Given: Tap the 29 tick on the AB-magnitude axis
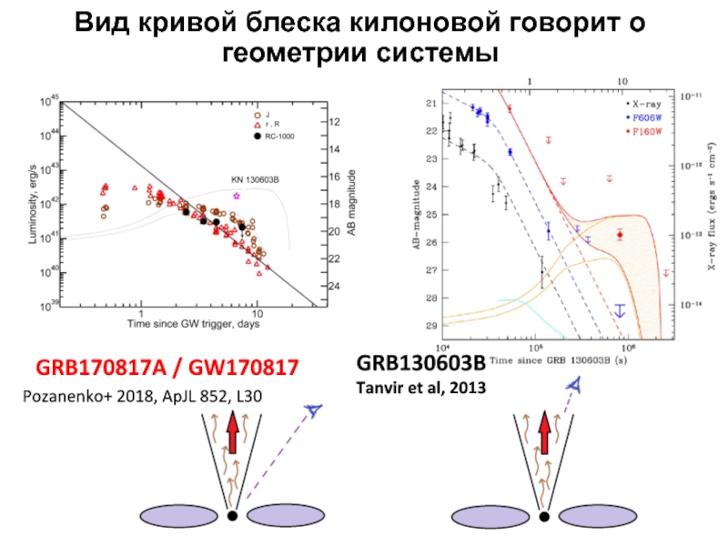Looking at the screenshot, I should tap(431, 326).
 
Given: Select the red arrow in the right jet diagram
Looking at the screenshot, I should tap(545, 432).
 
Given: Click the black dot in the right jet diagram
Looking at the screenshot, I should tap(544, 516).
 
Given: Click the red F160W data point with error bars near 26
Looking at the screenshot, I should tap(620, 235).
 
